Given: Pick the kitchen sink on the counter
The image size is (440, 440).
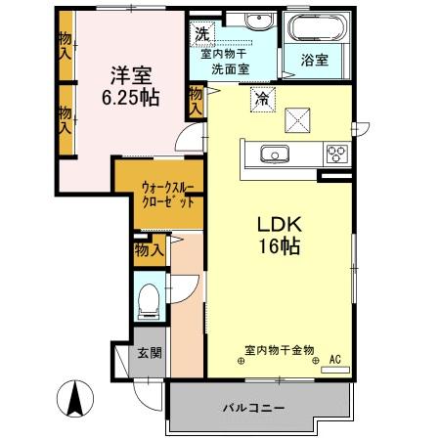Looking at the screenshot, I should tap(271, 153).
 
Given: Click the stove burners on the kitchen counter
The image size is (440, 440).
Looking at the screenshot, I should tap(336, 153).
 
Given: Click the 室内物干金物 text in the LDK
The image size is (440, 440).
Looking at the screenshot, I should tap(279, 349).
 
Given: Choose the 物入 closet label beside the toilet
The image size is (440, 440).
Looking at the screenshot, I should tap(149, 251).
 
